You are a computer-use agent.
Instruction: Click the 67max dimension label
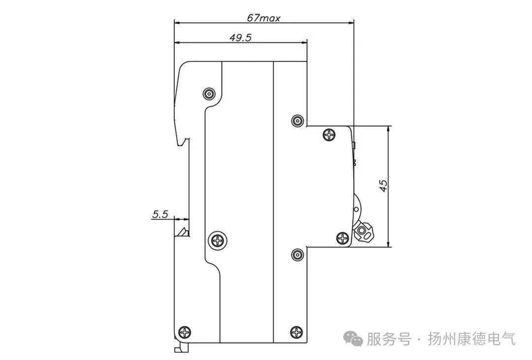264,18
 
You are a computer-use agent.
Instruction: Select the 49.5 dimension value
240,38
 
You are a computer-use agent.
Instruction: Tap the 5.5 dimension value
160,214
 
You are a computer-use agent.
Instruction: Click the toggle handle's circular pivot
364,230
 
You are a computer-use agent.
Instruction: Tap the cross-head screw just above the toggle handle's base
342,238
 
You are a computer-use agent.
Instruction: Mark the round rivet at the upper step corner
297,121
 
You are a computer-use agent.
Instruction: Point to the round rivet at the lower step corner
297,255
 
